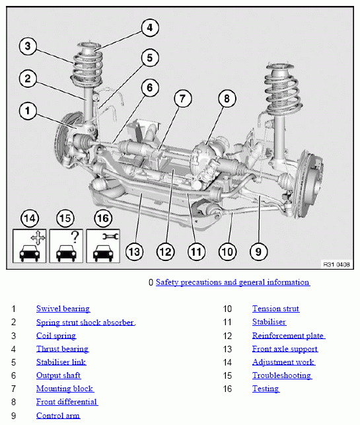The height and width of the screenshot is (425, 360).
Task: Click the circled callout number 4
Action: [x=150, y=27]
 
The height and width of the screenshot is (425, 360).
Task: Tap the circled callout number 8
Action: [x=227, y=98]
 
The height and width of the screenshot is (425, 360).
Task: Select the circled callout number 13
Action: [x=134, y=252]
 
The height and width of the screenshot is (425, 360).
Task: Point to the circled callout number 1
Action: [x=28, y=111]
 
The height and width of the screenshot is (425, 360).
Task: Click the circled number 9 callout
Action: [x=258, y=252]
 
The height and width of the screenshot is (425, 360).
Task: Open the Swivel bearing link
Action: [x=63, y=309]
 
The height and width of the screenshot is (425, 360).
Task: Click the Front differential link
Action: [x=67, y=402]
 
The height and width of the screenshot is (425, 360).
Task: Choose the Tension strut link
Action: [x=275, y=309]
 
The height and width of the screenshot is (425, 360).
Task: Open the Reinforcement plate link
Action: [x=289, y=336]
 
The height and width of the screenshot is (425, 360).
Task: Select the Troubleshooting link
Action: [x=282, y=375]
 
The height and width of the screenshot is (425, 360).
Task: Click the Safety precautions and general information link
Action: [x=233, y=282]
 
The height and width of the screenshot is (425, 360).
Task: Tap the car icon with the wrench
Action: [x=103, y=246]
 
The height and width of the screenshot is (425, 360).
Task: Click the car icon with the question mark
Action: [x=66, y=246]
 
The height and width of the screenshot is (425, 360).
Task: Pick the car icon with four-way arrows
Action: [x=29, y=246]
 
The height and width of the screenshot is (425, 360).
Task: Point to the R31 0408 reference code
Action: [x=336, y=264]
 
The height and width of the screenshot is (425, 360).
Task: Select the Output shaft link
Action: [x=59, y=375]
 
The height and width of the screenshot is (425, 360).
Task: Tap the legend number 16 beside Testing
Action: [x=227, y=389]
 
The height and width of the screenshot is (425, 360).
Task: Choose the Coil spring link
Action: [x=56, y=336]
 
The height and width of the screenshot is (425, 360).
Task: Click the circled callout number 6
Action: [x=150, y=87]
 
